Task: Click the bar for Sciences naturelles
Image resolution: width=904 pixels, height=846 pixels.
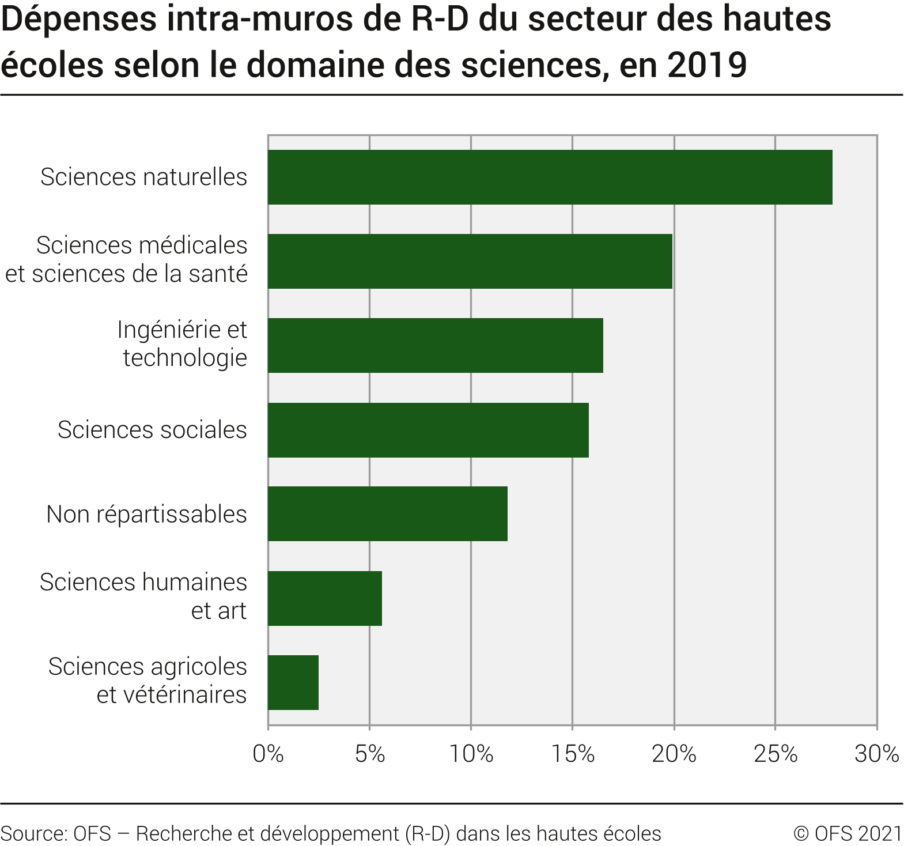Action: click(550, 177)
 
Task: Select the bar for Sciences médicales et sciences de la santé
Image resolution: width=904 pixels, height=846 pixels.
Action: click(470, 261)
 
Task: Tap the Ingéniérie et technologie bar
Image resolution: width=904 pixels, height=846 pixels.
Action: click(435, 345)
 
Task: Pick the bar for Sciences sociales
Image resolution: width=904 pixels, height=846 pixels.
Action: click(428, 430)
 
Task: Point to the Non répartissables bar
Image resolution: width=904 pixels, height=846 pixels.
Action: click(387, 513)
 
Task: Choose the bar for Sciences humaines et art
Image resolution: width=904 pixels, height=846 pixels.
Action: click(324, 598)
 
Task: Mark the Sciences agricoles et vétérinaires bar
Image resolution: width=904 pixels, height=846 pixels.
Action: click(293, 682)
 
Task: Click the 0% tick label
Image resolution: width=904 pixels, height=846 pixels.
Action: click(268, 754)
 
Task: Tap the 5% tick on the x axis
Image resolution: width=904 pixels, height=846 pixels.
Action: click(369, 754)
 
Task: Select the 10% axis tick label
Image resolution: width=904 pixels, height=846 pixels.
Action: click(471, 754)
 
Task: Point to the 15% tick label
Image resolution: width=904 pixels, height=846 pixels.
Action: click(572, 754)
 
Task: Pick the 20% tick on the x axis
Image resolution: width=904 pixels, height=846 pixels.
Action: click(674, 754)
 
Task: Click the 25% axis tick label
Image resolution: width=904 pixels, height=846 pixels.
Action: click(775, 754)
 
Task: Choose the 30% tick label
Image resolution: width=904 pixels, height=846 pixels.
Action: click(876, 754)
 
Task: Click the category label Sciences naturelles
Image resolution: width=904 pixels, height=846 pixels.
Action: click(143, 177)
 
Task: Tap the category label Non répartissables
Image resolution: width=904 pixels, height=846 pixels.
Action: click(146, 514)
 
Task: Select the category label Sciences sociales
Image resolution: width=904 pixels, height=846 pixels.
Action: click(152, 430)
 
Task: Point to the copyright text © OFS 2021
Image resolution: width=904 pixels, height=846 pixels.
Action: click(847, 833)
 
